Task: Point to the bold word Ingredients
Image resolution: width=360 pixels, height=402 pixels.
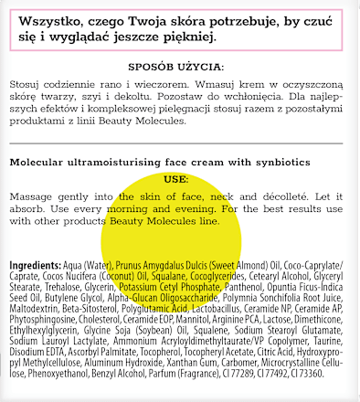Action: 35,265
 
